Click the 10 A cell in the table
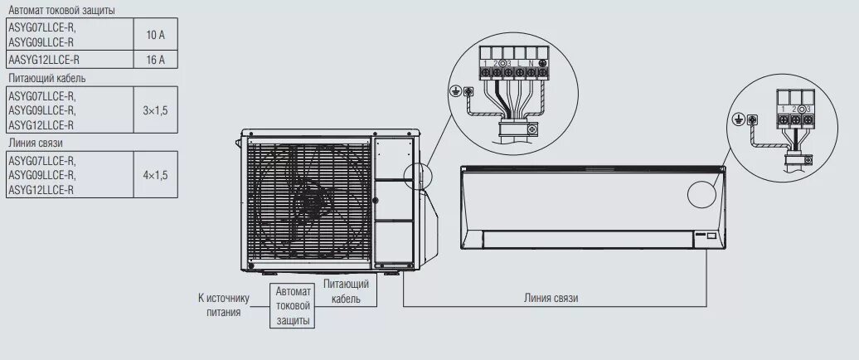click(x=155, y=35)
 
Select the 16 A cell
click(x=155, y=60)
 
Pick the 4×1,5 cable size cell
click(x=155, y=175)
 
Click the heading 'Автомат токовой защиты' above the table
click(x=61, y=10)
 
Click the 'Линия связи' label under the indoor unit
click(x=551, y=297)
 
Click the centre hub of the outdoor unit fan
click(x=310, y=199)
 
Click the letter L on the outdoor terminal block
click(x=519, y=63)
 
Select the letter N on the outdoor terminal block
click(x=531, y=63)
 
